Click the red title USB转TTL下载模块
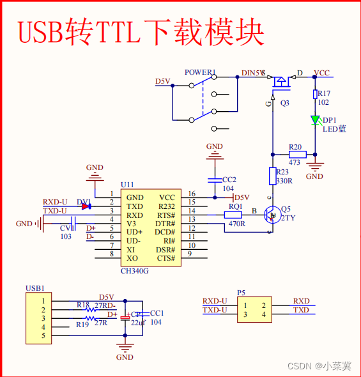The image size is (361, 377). (141, 31)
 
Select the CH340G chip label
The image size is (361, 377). (134, 271)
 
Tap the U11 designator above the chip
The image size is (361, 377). (127, 184)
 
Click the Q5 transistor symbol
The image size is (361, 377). (273, 215)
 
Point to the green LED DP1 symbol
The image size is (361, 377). (314, 120)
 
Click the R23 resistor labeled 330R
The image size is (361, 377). (272, 175)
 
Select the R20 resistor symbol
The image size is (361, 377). (297, 154)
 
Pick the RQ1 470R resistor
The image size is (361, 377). (234, 215)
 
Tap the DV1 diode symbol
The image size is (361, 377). (85, 206)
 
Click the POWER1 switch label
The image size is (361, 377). (200, 72)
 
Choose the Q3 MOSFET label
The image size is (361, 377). (285, 102)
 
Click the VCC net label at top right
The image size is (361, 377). (322, 73)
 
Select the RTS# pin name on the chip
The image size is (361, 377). (166, 215)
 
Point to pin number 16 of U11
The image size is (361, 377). (191, 194)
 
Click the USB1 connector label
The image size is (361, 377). (35, 288)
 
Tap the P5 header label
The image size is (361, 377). (241, 293)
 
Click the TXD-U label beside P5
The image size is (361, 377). (215, 310)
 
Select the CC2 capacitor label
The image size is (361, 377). (229, 180)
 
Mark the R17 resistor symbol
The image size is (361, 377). (314, 94)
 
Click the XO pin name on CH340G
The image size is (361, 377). (132, 258)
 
